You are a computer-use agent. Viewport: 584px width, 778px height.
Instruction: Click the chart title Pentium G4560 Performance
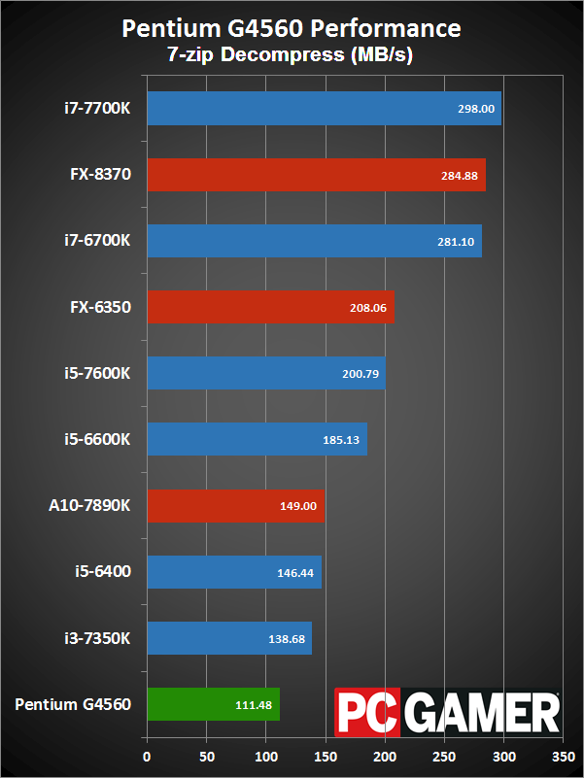[x=292, y=29]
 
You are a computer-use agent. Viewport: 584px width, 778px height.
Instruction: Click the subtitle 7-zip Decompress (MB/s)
[x=292, y=55]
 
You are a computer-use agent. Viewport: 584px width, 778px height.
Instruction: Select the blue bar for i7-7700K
[x=324, y=109]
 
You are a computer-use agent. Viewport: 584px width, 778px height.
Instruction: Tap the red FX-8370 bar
[x=316, y=176]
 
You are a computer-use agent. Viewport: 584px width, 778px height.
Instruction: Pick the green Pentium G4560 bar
[x=213, y=704]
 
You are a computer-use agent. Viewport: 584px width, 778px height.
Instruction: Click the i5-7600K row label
[x=95, y=374]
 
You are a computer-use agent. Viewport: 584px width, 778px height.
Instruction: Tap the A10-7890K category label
[x=89, y=506]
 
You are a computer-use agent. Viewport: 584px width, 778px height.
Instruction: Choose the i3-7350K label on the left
[x=95, y=638]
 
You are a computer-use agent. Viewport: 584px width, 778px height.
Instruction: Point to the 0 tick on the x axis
[x=147, y=755]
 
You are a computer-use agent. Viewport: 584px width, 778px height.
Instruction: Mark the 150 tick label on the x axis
[x=326, y=755]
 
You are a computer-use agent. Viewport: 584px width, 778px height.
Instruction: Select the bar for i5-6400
[x=233, y=572]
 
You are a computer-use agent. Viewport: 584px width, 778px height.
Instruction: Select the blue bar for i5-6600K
[x=257, y=440]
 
